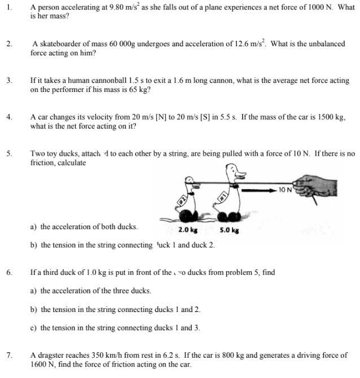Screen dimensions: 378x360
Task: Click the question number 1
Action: point(10,8)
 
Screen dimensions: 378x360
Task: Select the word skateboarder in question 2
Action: point(59,44)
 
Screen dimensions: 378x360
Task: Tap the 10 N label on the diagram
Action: point(286,190)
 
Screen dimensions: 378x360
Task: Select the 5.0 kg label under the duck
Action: point(229,230)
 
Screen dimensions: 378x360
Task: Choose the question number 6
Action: point(10,272)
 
